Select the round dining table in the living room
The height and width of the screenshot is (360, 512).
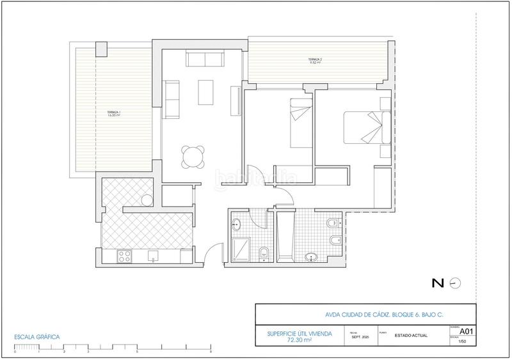pos(194,156)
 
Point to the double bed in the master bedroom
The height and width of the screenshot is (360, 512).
pos(365,127)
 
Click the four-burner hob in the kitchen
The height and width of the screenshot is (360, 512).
pos(124,257)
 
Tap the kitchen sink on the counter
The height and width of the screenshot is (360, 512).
pos(154,256)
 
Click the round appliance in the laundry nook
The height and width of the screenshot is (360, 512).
pos(147,201)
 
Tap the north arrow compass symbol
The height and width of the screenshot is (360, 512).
pos(455,283)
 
